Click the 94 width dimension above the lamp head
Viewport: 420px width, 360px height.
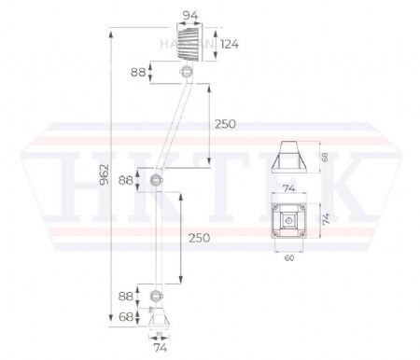pos(191,16)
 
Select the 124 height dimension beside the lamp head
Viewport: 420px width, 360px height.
pos(231,45)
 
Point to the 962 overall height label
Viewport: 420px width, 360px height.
pos(105,173)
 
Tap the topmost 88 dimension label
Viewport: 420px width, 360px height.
pos(139,72)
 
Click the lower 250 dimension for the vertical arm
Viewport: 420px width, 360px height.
pos(198,238)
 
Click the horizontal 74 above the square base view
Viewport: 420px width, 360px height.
pos(289,188)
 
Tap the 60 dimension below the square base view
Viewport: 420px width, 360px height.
pos(289,258)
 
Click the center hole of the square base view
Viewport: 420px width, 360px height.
pos(289,222)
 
